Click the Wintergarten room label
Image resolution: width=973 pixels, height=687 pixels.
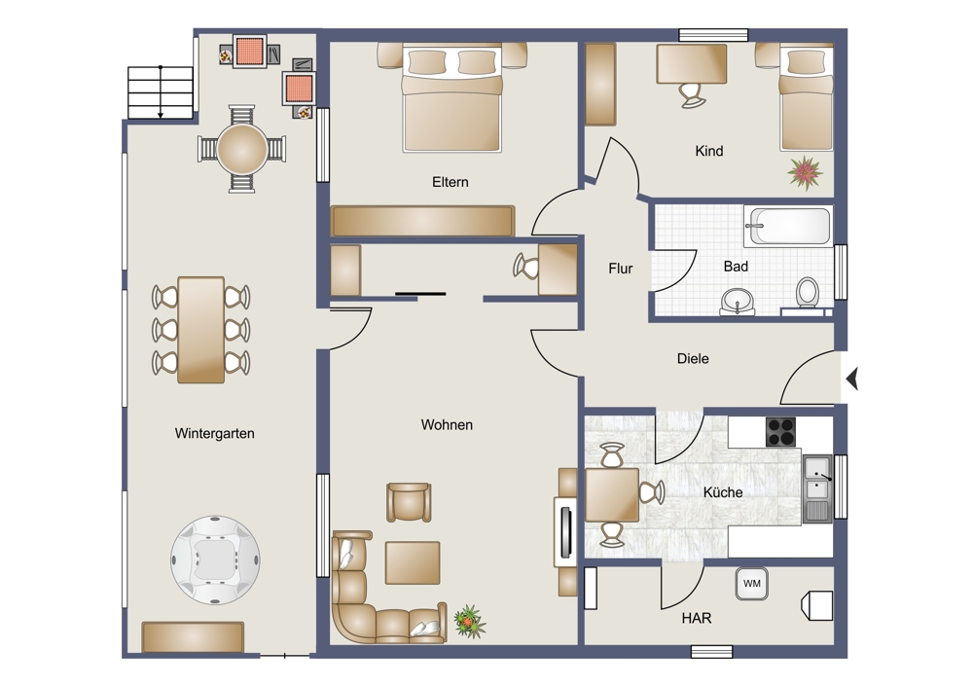point(215,433)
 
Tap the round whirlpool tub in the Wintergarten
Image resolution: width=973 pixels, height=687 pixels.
point(215,560)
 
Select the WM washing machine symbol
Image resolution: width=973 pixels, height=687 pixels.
point(751,584)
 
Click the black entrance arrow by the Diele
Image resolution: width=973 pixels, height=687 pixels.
point(852,378)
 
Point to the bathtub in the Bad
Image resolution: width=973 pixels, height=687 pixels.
point(789,226)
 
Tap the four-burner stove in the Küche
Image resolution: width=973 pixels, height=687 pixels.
point(780,431)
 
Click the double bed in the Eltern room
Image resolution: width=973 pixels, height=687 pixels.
point(451,98)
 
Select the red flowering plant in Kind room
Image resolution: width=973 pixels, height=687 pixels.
point(806,172)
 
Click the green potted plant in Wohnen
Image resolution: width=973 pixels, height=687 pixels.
point(470,621)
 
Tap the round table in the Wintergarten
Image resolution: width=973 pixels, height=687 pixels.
point(242,150)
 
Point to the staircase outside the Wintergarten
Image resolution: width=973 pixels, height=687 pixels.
point(161,91)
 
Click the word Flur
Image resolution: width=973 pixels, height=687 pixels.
point(621,269)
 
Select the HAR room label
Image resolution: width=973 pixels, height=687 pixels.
point(697,618)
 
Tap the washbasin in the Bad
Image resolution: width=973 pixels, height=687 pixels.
point(738,303)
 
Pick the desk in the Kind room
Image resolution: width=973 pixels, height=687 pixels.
point(691,63)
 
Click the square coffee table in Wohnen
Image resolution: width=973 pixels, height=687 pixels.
point(413,562)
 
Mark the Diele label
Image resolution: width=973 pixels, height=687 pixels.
point(693,359)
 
